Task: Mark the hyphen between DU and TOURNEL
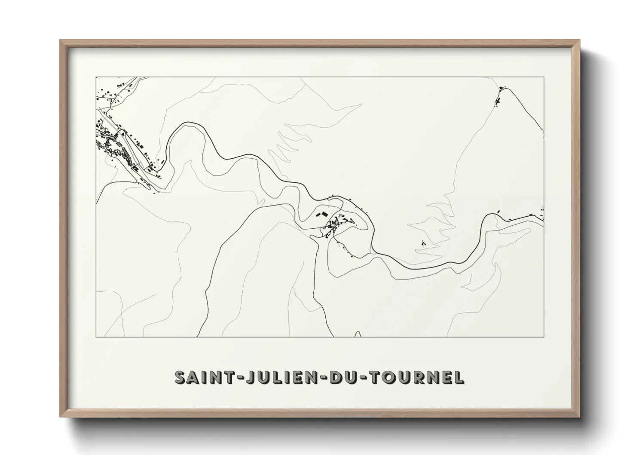(x=359, y=378)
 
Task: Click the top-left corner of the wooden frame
(x=60, y=40)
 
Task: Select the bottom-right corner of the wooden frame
(x=579, y=417)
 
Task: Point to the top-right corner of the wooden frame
(x=579, y=40)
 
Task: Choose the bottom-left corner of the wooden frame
(x=60, y=417)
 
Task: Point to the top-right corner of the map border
(x=544, y=77)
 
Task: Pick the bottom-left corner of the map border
(x=96, y=337)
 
